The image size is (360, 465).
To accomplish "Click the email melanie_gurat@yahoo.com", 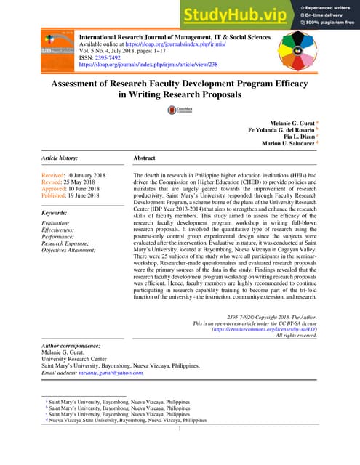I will pos(111,373).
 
